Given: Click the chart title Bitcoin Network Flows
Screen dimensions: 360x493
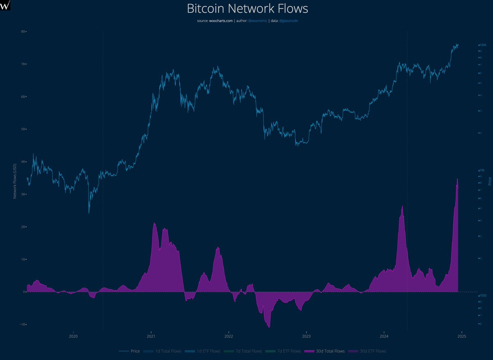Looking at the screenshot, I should pos(247,8).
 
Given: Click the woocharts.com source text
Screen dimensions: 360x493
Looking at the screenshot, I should pos(221,21).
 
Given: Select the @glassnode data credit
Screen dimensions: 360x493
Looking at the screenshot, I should pos(288,21).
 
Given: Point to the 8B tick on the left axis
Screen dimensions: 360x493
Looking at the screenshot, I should pos(23,32).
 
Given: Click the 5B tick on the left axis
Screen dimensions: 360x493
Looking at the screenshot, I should pos(23,129).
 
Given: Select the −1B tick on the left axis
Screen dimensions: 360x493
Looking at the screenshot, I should pos(22,324).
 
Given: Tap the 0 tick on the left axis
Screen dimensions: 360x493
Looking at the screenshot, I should pos(25,292).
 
